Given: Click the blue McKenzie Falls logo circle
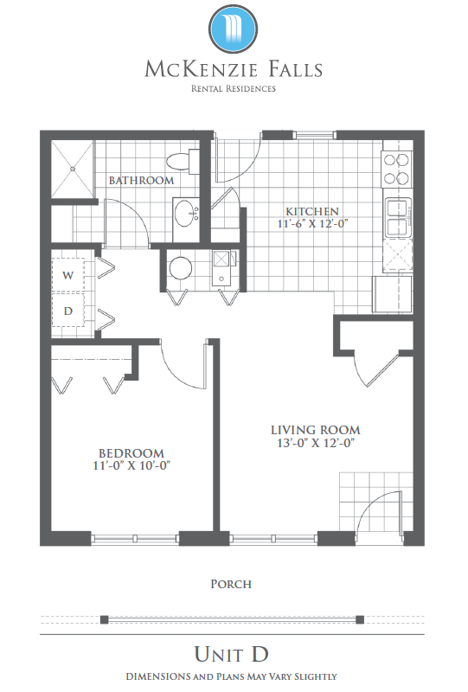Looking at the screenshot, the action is [233, 29].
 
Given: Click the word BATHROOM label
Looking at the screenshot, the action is [141, 180].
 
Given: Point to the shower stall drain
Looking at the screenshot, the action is [72, 169].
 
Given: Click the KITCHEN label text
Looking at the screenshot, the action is [312, 211].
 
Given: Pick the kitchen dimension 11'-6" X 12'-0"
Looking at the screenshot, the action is [312, 224].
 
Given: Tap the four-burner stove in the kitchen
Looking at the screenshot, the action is [397, 169].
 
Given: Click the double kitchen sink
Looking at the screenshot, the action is [399, 217].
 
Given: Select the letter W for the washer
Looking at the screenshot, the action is [68, 275].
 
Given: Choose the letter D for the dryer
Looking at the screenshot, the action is [68, 311].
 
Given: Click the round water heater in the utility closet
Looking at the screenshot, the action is [181, 268].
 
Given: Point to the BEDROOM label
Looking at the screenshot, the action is [131, 453].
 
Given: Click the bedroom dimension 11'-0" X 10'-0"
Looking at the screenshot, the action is [131, 465].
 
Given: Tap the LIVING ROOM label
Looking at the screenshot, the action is [315, 430].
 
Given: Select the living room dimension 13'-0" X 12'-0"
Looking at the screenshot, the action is [316, 443].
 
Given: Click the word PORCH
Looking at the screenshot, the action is [231, 585].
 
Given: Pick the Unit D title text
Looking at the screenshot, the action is [231, 654].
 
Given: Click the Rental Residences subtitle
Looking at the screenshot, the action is [233, 89].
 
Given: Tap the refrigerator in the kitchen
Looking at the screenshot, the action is [393, 294].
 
